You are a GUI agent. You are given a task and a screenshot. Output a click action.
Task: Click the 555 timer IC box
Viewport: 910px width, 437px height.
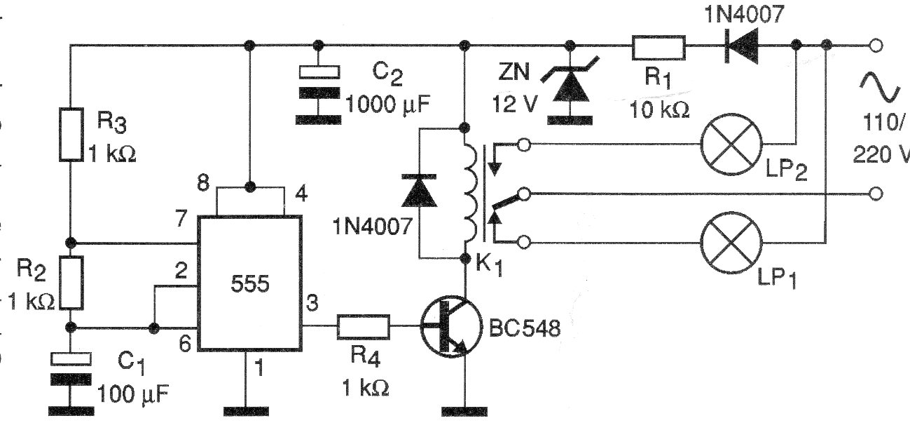(x=250, y=283)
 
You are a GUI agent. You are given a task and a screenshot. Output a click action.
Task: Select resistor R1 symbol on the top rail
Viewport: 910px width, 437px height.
(x=658, y=47)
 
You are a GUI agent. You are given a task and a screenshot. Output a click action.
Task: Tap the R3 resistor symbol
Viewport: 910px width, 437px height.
(x=71, y=133)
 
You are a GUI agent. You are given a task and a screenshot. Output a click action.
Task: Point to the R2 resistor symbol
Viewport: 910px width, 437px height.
(x=71, y=283)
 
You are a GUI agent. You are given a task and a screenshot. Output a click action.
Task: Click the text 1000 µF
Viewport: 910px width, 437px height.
(x=387, y=106)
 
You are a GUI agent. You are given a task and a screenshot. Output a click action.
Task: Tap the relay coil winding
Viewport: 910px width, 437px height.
(x=466, y=193)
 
